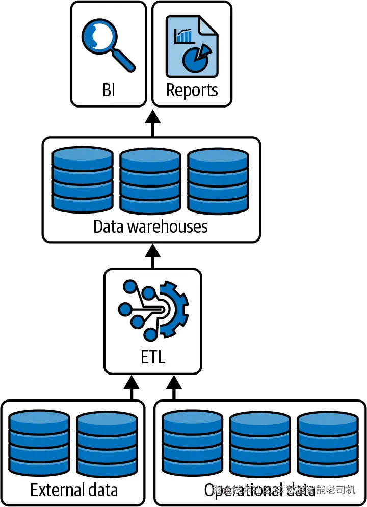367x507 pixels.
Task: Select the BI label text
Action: pos(109,90)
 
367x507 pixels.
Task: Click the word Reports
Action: pos(192,90)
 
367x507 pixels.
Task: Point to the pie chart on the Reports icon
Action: pos(197,58)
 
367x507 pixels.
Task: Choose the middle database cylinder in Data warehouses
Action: pos(150,181)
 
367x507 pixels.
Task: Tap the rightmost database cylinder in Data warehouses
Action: pos(218,181)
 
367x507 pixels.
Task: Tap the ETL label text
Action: pos(153,357)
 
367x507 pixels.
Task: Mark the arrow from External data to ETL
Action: pos(132,387)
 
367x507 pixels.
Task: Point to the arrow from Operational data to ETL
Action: pos(174,387)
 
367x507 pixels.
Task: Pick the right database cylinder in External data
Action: pos(107,443)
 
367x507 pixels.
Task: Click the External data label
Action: pos(74,490)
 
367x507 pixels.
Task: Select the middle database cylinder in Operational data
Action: pos(260,443)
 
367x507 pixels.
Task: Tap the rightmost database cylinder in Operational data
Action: pos(328,443)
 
